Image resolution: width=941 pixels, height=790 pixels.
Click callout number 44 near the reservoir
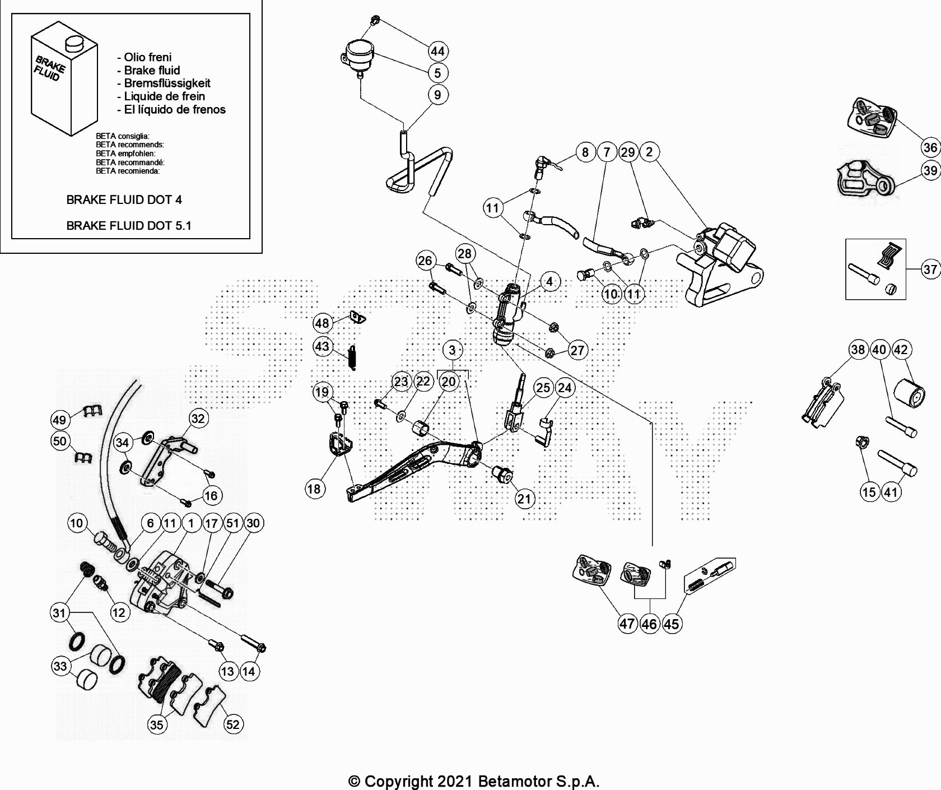(437, 51)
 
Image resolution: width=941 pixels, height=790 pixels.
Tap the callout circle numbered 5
(437, 72)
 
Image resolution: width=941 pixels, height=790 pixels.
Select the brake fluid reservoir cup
(357, 54)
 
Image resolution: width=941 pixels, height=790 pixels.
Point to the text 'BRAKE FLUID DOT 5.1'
(129, 226)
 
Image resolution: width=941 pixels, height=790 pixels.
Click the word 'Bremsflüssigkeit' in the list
(167, 83)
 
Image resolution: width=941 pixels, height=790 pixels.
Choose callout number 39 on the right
(930, 170)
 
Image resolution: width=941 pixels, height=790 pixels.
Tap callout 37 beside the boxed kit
(930, 269)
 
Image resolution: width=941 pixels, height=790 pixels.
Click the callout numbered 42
(901, 350)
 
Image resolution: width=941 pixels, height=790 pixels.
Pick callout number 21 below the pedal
(524, 499)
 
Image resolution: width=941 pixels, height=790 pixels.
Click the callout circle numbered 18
(314, 489)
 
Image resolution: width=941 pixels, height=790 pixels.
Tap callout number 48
(322, 323)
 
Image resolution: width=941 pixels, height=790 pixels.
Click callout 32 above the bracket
(198, 418)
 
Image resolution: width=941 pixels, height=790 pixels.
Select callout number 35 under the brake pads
(157, 724)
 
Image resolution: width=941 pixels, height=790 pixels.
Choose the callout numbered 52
(232, 724)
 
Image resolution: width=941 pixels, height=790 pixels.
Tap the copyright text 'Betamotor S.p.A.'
(538, 781)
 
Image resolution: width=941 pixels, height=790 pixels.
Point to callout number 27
(577, 351)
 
